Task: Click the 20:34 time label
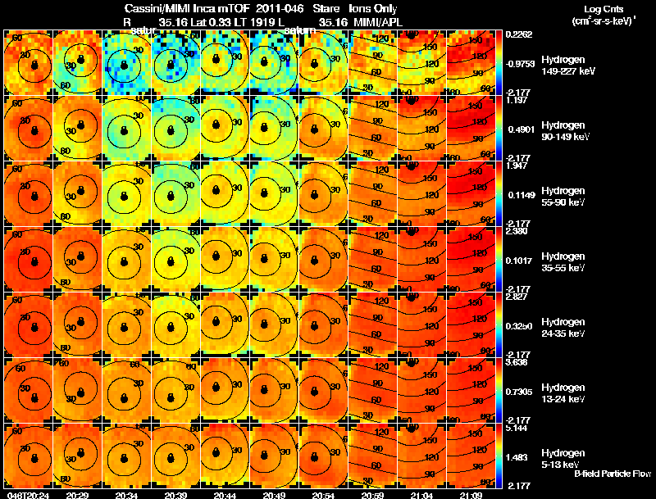126,495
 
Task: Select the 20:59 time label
373,495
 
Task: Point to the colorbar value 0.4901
519,128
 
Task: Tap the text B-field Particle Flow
612,474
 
